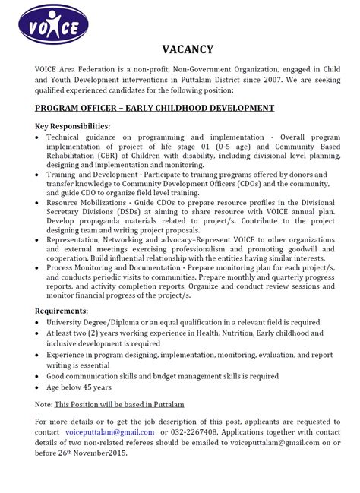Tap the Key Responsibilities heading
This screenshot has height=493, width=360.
coord(72,125)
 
